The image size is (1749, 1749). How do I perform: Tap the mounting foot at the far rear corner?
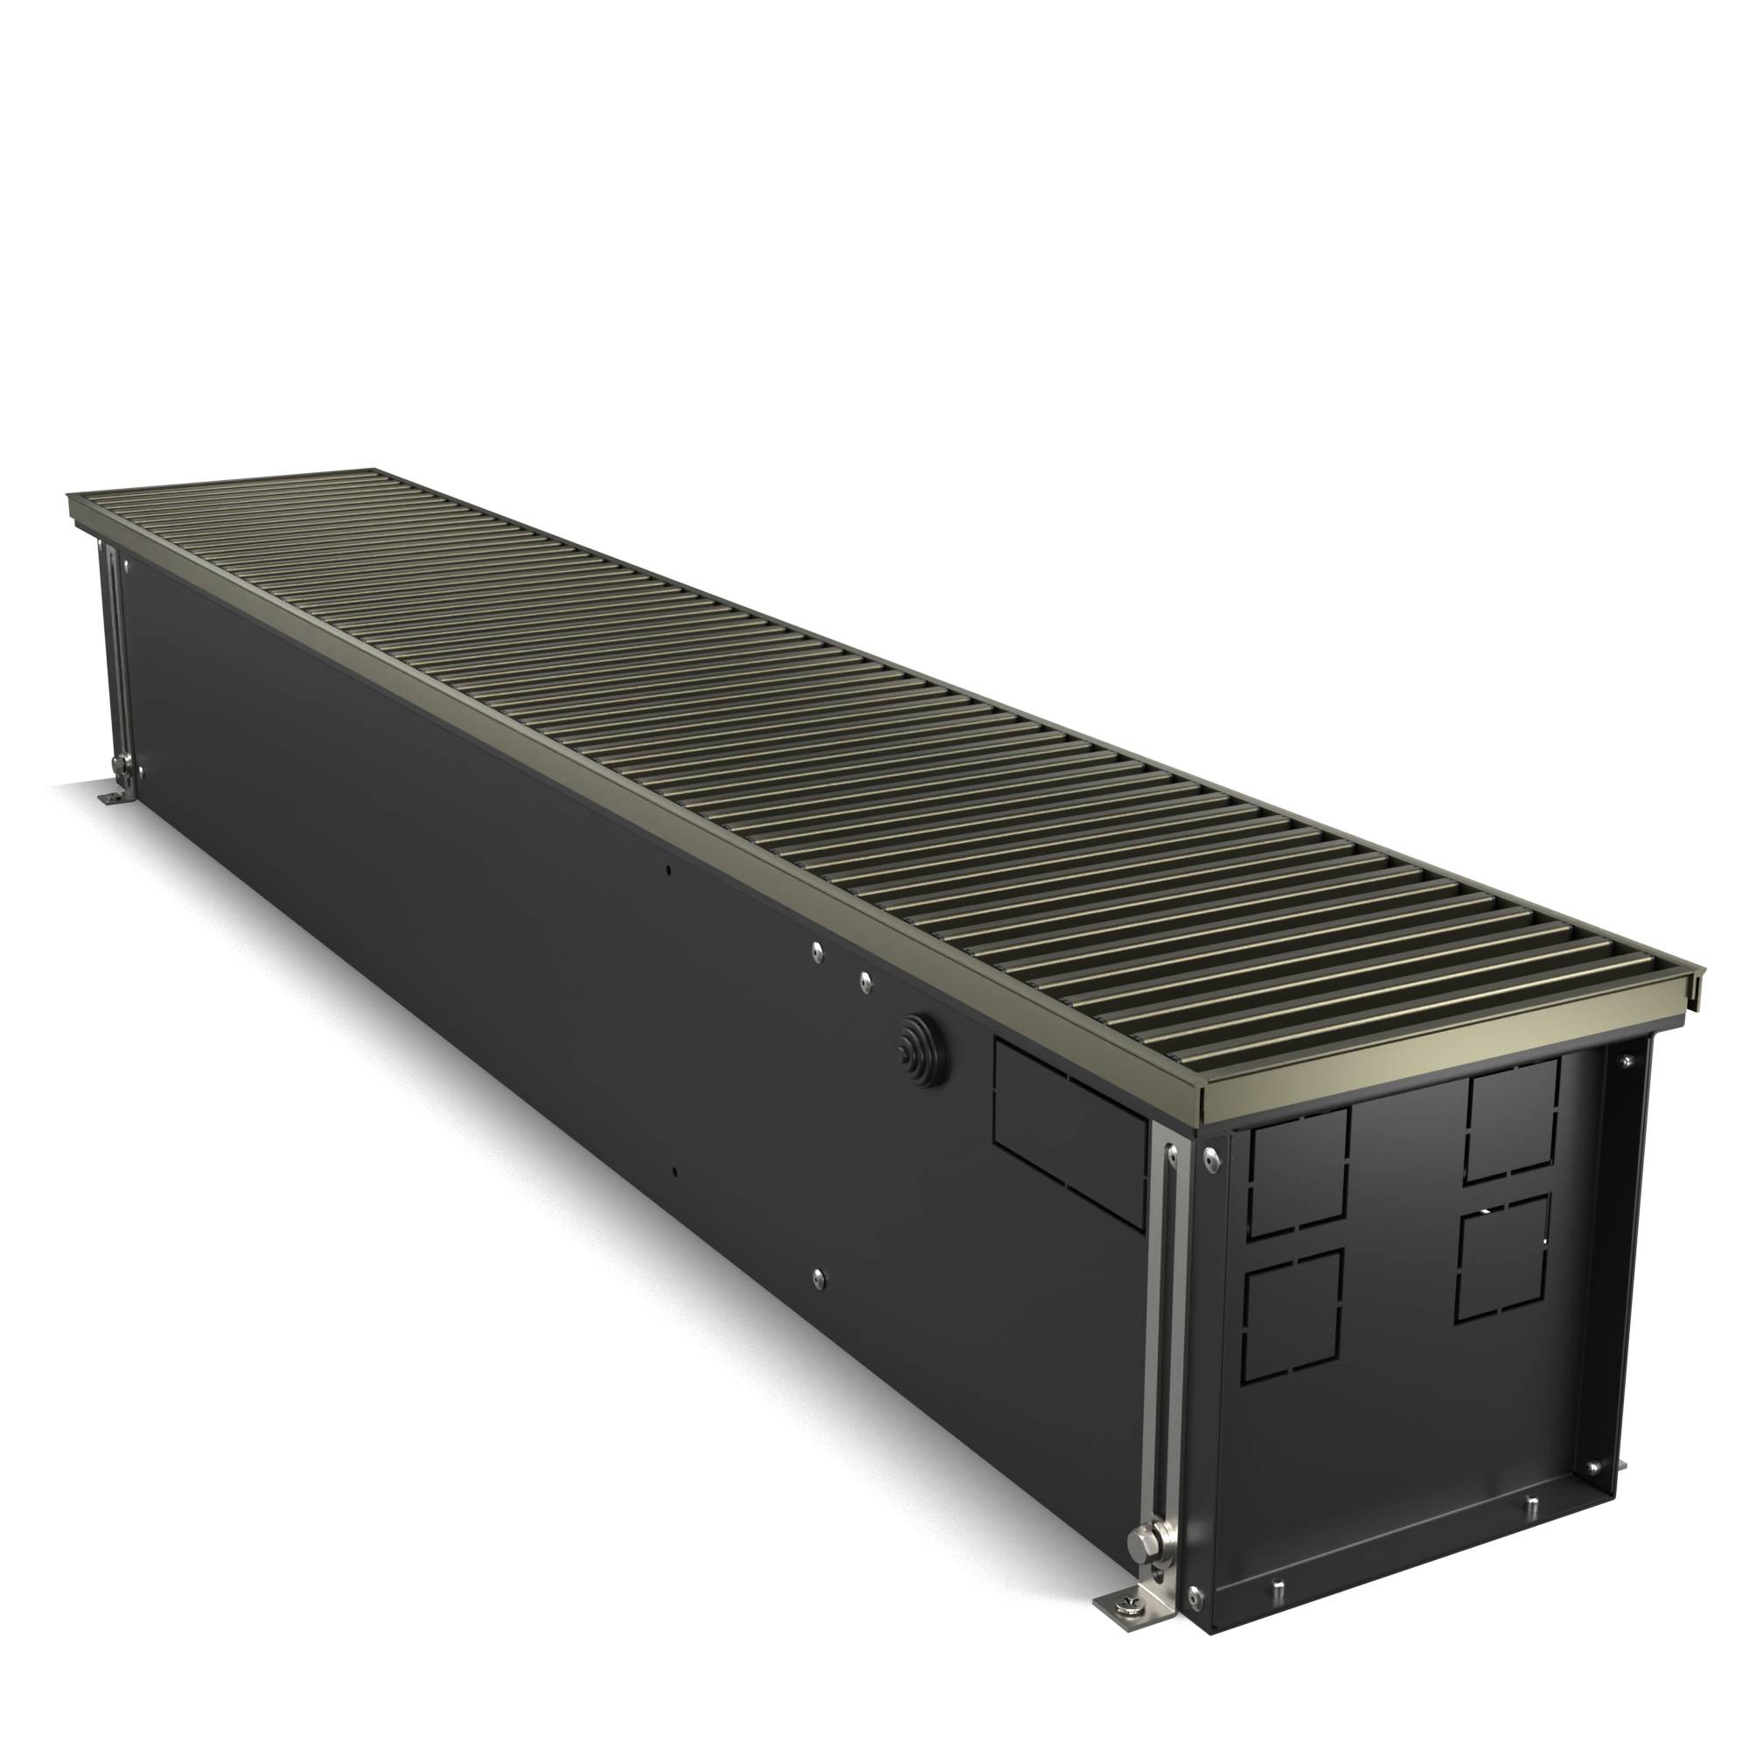tap(113, 797)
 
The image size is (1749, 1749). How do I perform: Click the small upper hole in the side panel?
tap(668, 870)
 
